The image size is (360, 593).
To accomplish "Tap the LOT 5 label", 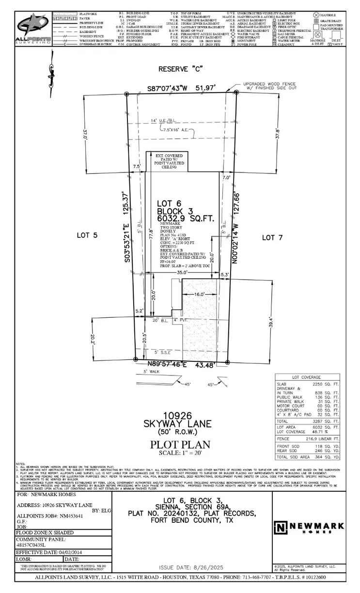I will click(87, 235).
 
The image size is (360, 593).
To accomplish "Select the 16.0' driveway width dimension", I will click(199, 294).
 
